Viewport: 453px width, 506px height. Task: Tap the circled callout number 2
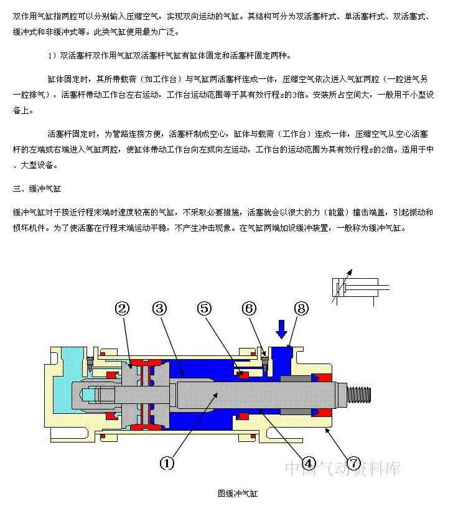pos(123,307)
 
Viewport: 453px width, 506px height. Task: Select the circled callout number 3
pos(161,307)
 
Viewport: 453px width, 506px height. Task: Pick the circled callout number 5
pos(205,307)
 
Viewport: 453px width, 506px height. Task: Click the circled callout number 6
pos(249,307)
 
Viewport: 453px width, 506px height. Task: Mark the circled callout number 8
pos(301,307)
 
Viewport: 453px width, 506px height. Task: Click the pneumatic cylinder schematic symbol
pos(357,287)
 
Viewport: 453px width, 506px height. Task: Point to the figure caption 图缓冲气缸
pos(237,494)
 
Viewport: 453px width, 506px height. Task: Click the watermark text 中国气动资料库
pos(343,469)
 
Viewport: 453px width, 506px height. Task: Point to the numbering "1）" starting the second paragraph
pos(52,56)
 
